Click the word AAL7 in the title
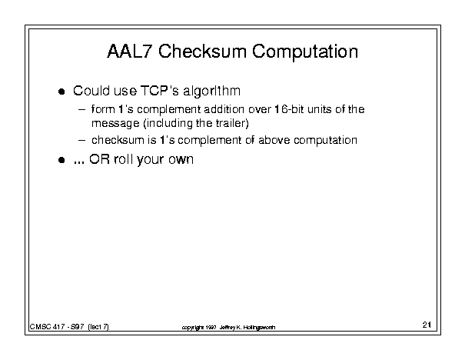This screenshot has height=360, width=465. [130, 51]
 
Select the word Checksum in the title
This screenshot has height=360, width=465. [202, 51]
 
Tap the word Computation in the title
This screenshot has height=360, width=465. [305, 52]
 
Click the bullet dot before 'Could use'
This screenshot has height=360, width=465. [61, 92]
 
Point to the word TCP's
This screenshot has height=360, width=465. [160, 91]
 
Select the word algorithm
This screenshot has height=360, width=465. [211, 92]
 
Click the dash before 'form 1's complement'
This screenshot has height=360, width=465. [81, 109]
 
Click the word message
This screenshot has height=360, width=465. [115, 124]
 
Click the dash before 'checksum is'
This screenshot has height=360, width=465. [81, 140]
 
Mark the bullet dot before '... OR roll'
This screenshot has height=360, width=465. [61, 160]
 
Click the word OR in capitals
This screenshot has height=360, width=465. [99, 159]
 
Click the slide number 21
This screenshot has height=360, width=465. [427, 325]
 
